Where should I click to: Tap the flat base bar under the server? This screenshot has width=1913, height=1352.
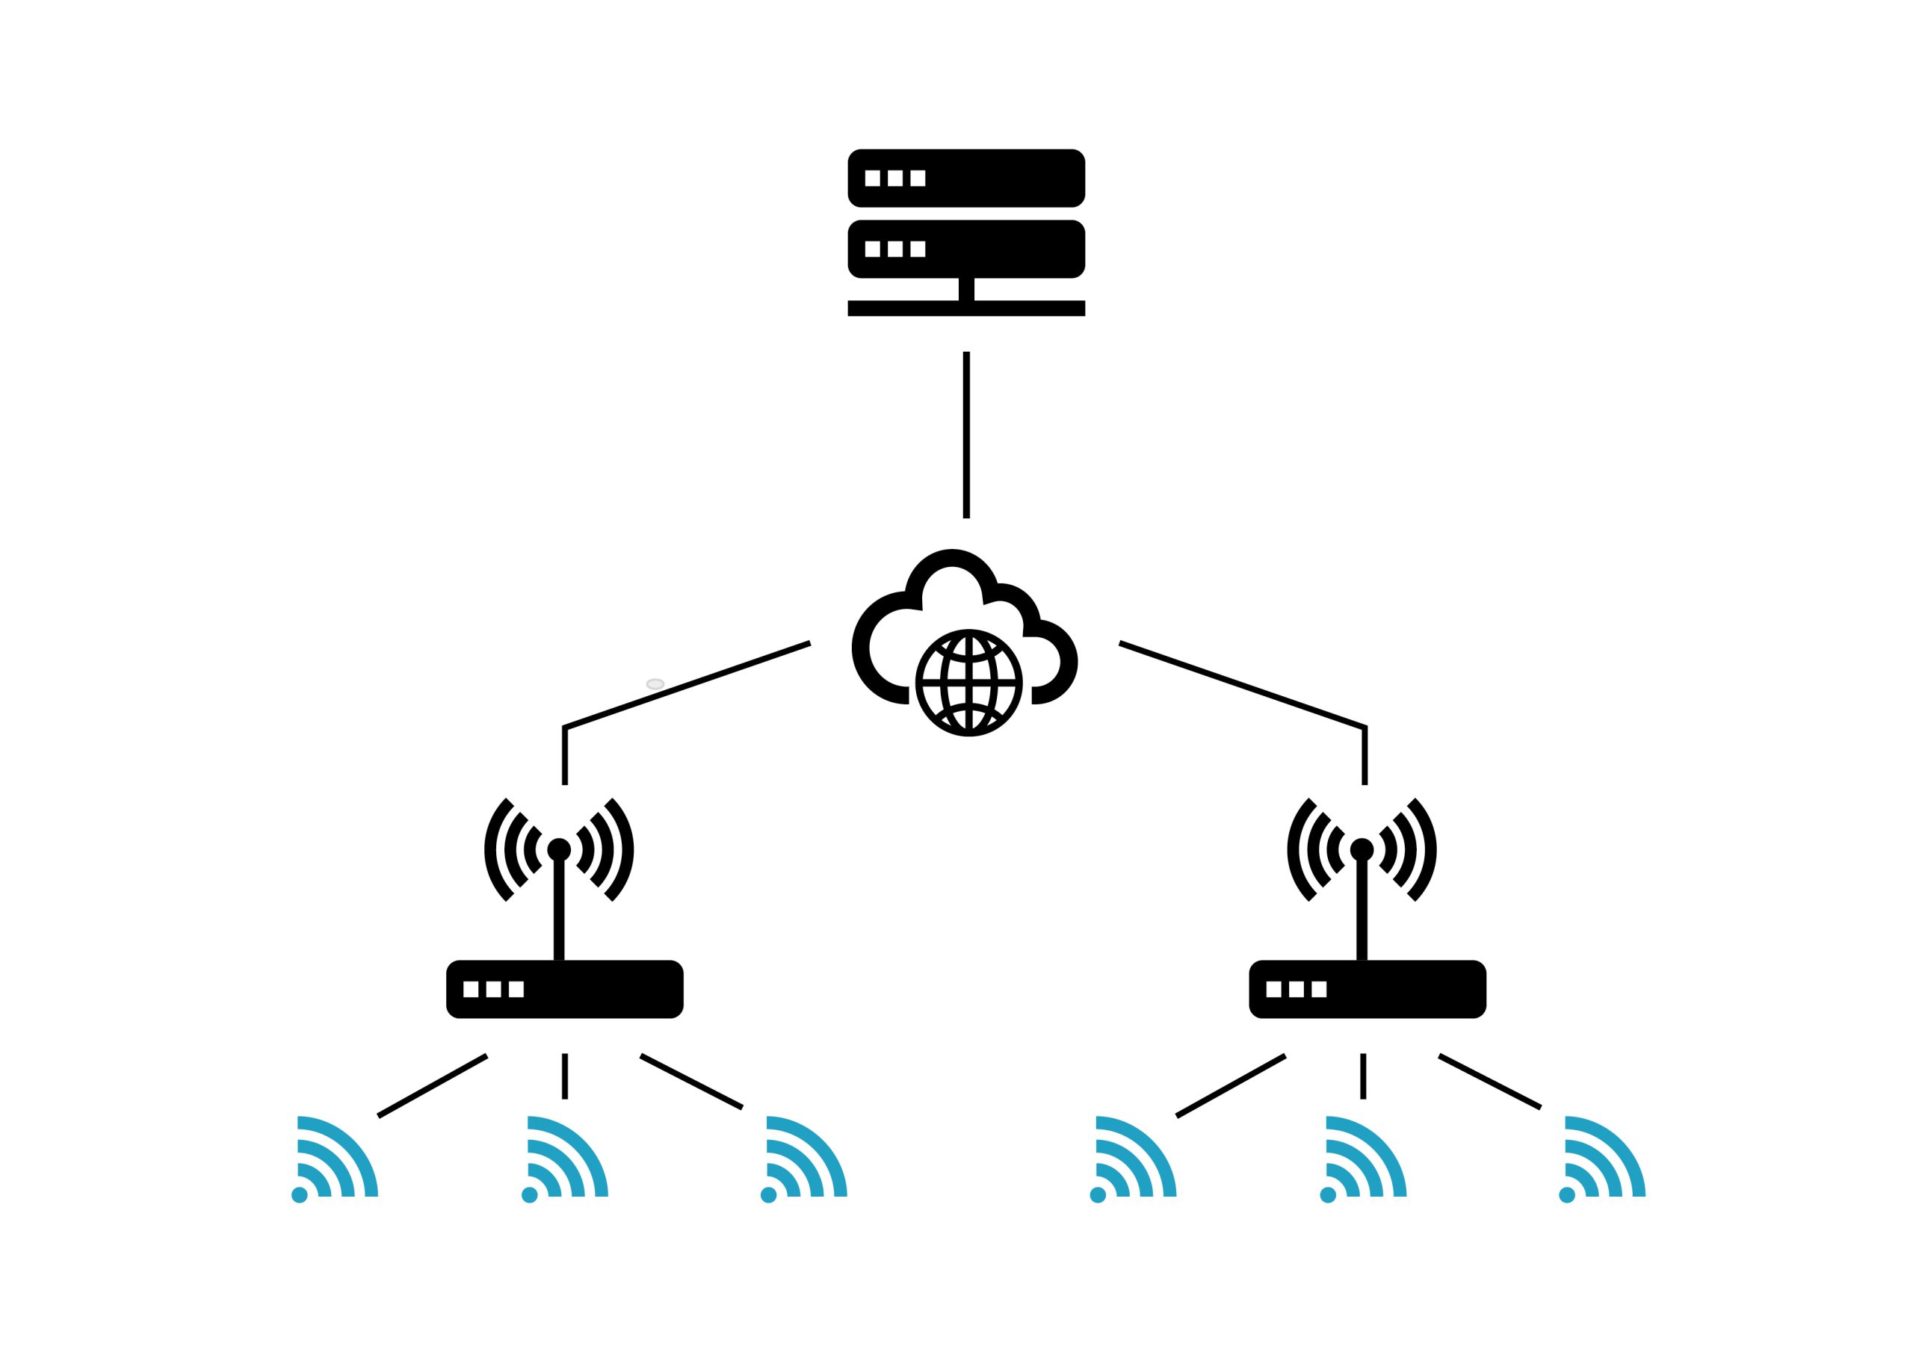(x=965, y=308)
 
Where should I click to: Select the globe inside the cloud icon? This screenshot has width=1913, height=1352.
(x=968, y=683)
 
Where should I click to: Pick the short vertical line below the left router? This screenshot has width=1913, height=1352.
(x=565, y=1076)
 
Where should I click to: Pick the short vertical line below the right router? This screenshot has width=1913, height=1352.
(x=1363, y=1076)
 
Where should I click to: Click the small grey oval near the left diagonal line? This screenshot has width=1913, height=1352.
(x=655, y=684)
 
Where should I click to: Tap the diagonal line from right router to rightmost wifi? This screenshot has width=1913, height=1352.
(x=1490, y=1082)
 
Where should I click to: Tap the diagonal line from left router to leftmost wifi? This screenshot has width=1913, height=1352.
(x=433, y=1085)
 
